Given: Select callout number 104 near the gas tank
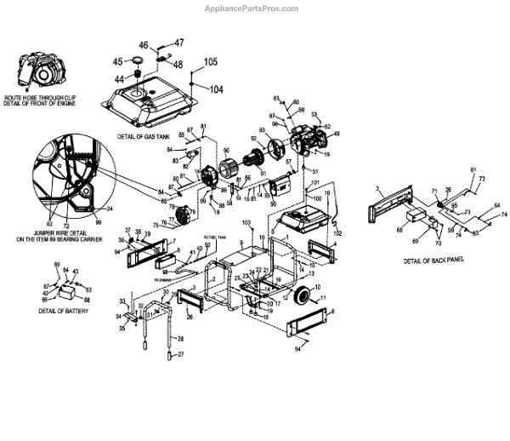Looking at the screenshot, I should pos(216,89).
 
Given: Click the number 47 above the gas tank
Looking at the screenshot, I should pos(178,42).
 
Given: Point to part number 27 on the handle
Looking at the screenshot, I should pos(180,353).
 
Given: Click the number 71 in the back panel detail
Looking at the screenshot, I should pos(433,192).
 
